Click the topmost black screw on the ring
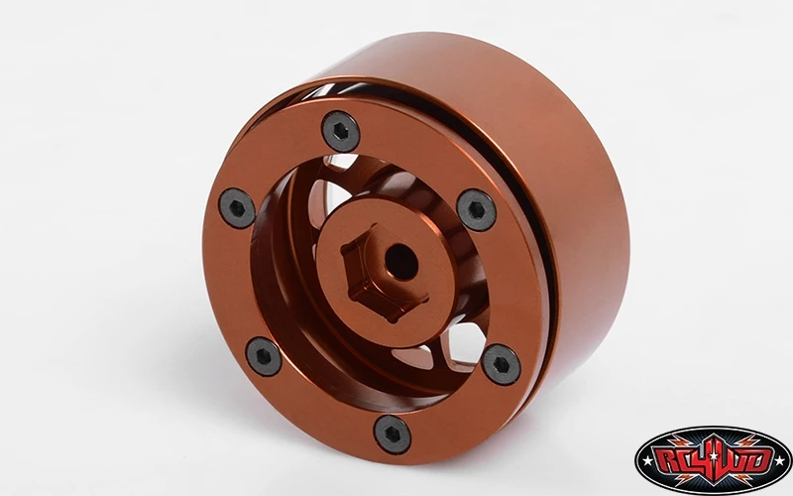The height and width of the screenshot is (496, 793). point(341,131)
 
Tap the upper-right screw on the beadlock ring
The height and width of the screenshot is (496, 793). point(476,210)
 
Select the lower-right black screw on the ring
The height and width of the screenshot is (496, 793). point(501,364)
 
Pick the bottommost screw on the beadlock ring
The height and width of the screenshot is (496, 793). point(393,434)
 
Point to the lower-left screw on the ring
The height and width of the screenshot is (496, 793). point(264,356)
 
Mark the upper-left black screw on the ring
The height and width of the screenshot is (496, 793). point(237,208)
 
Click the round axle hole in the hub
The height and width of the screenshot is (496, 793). point(401,262)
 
